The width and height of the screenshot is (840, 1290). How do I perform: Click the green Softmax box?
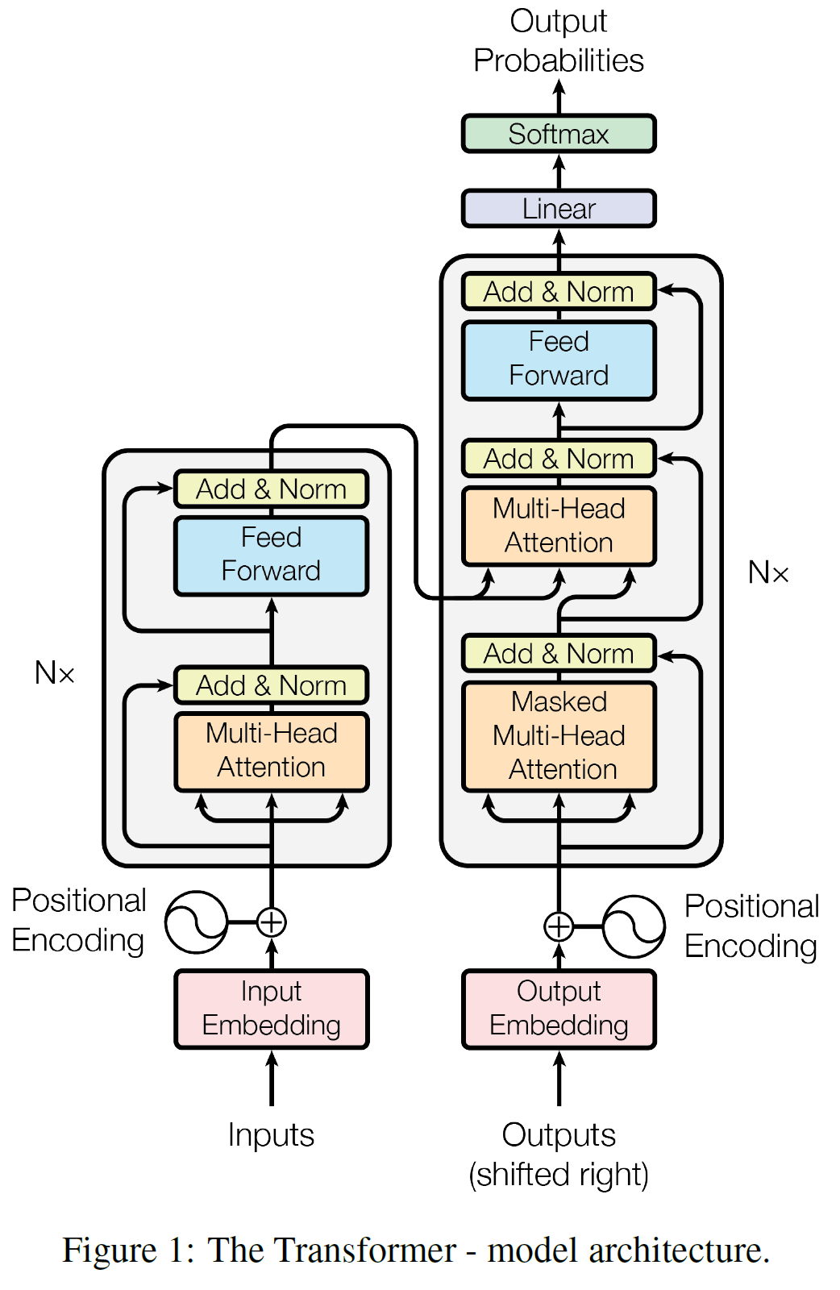(559, 134)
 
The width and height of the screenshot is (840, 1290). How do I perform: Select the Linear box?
(559, 209)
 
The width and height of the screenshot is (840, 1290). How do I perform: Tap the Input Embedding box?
(272, 1009)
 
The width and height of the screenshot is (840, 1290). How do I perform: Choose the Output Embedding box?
(559, 1009)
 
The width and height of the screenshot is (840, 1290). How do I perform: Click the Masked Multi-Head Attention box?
(559, 736)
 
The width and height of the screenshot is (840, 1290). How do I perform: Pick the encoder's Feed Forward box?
(272, 555)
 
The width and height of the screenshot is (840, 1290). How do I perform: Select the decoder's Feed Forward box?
(559, 360)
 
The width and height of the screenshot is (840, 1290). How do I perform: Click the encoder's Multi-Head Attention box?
(272, 751)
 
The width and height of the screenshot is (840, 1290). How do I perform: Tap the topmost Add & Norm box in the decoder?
(559, 292)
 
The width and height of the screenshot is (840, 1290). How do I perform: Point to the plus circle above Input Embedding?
(272, 922)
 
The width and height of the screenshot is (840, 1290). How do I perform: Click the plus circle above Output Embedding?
(559, 926)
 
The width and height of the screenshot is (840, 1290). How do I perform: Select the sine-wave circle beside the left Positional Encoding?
(196, 922)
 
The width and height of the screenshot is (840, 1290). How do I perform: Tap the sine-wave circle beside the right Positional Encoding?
(634, 926)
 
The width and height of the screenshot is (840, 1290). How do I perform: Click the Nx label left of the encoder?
(55, 672)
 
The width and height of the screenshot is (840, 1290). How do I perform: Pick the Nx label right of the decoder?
(768, 572)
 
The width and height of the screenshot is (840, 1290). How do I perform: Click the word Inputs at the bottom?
(271, 1135)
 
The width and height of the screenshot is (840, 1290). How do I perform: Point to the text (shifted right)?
(559, 1175)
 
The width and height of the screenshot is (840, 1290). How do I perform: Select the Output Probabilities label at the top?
(559, 41)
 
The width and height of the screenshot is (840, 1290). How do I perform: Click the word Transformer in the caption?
(332, 1250)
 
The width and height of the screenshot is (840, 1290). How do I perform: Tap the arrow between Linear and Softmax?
(559, 171)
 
